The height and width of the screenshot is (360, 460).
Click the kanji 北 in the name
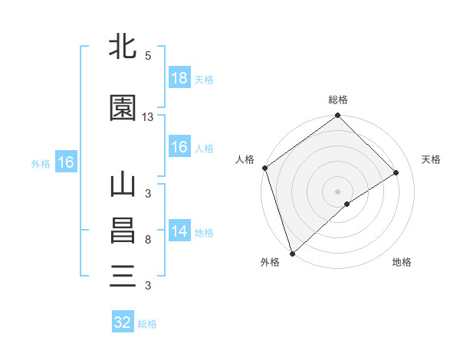123,47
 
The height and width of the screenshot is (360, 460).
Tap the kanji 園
123,108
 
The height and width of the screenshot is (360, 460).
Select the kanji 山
123,186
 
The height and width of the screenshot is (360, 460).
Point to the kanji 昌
123,231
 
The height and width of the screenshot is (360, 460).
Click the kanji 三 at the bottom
123,275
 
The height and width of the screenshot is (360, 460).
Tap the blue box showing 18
179,79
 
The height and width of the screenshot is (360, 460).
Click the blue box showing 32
123,322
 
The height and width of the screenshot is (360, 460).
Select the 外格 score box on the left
65,162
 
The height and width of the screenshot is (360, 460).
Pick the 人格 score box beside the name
179,148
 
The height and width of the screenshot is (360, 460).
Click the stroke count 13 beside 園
148,116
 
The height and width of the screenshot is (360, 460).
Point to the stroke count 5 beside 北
148,56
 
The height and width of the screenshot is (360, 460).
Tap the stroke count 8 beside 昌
148,240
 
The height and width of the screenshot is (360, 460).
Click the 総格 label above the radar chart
338,100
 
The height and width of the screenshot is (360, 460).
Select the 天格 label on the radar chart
432,159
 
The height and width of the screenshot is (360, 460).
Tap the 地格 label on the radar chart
402,262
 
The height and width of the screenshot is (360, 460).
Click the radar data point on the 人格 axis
264,168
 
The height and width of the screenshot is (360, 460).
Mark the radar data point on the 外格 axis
291,253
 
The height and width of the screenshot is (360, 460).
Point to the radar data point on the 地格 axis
347,204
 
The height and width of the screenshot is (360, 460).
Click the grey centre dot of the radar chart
337,191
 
